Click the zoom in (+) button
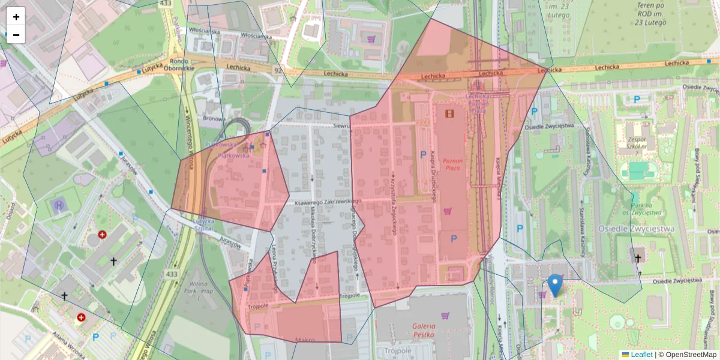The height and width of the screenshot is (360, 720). [x=16, y=17]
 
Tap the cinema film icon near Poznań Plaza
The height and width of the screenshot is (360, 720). [x=449, y=113]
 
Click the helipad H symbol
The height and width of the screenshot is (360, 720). [x=59, y=206]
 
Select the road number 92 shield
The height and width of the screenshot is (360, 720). [x=277, y=70]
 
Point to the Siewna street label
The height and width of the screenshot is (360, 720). [x=341, y=127]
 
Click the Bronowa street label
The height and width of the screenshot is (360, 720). [x=214, y=118]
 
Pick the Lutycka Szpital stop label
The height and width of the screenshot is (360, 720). [x=203, y=224]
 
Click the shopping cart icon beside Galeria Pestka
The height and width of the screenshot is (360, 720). [x=445, y=316]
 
